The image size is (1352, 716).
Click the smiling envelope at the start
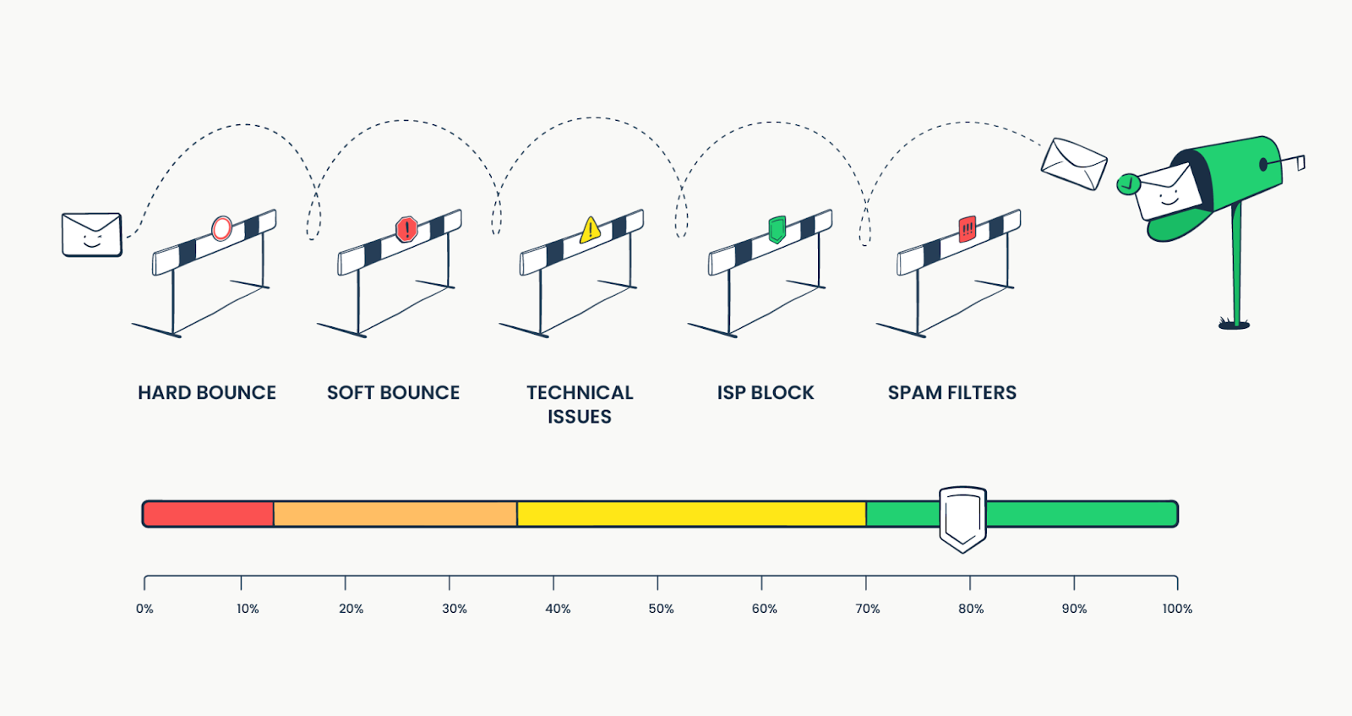[91, 234]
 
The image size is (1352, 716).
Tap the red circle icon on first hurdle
[221, 228]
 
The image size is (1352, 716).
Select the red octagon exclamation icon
[406, 229]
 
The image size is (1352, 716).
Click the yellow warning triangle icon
[591, 230]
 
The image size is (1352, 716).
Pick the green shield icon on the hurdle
[777, 228]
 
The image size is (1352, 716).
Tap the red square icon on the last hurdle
[968, 228]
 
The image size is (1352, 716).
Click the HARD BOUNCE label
[207, 393]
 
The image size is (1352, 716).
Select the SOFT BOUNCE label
[393, 393]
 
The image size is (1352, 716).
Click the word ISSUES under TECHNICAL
[579, 417]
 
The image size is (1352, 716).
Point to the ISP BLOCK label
[766, 393]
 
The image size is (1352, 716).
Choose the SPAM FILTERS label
[951, 393]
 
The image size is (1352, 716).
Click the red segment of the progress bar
[208, 514]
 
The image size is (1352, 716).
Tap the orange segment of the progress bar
[395, 514]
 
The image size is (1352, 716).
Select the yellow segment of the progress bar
[691, 514]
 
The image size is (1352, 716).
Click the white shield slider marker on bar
[962, 517]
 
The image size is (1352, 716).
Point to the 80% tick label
[971, 609]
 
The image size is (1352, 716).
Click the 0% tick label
[144, 609]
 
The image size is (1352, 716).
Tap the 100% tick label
[1177, 609]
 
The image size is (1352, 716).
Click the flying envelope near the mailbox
[1073, 164]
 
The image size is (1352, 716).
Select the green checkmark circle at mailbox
[1127, 184]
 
